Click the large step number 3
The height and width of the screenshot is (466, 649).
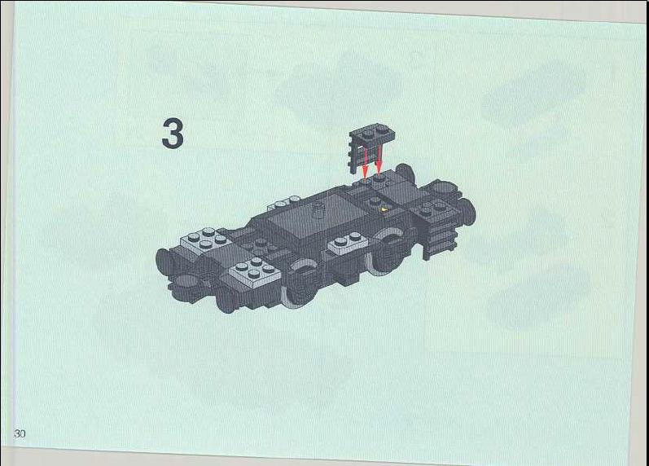point(173,134)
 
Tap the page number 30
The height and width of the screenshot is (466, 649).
point(20,433)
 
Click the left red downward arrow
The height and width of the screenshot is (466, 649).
point(365,160)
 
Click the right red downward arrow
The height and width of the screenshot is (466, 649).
point(379,159)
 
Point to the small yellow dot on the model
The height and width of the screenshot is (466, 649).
point(384,209)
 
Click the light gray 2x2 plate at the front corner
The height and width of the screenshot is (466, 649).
point(255,272)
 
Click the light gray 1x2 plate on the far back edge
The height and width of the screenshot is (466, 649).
point(286,203)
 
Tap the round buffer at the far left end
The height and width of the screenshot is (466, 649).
point(164,262)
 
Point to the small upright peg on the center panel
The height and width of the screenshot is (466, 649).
point(319,209)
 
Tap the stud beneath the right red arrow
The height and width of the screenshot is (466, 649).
point(379,178)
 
